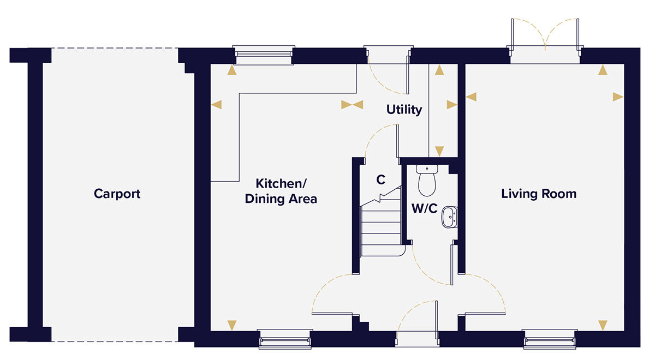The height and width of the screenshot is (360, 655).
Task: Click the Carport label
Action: (117, 194)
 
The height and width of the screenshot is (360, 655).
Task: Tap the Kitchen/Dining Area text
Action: (281, 191)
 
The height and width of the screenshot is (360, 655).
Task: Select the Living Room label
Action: (539, 194)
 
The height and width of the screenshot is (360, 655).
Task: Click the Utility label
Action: (404, 110)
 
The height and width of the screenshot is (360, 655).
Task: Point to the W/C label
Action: (424, 208)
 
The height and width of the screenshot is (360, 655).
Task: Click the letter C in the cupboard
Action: (381, 179)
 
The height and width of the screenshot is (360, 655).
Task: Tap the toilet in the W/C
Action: (426, 179)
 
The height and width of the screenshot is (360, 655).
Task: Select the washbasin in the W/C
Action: (449, 216)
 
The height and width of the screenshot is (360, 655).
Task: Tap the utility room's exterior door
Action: (387, 71)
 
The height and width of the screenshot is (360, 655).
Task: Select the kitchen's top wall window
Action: (263, 53)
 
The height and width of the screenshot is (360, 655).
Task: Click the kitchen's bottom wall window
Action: (285, 340)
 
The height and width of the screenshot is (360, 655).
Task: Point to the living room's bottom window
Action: (550, 340)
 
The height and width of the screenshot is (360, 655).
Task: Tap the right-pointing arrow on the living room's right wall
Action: (618, 97)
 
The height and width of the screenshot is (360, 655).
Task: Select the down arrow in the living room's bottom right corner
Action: (603, 326)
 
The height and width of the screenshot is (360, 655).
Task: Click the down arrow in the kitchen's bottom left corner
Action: (233, 325)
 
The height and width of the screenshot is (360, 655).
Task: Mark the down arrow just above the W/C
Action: (438, 151)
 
